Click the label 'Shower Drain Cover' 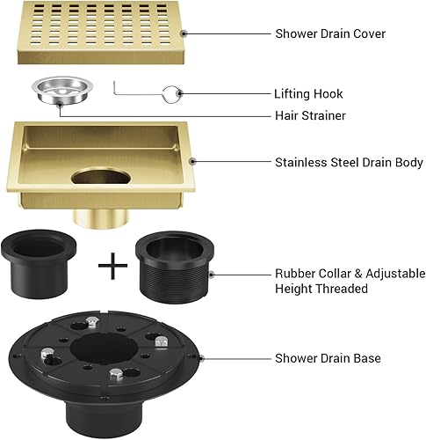pos(329,33)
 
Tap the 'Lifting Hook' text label pos(308,93)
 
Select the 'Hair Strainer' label pos(308,115)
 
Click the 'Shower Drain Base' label pos(328,358)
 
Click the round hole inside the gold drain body pos(100,180)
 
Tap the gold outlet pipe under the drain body pos(97,216)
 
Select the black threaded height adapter pos(172,268)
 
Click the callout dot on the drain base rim pos(200,358)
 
